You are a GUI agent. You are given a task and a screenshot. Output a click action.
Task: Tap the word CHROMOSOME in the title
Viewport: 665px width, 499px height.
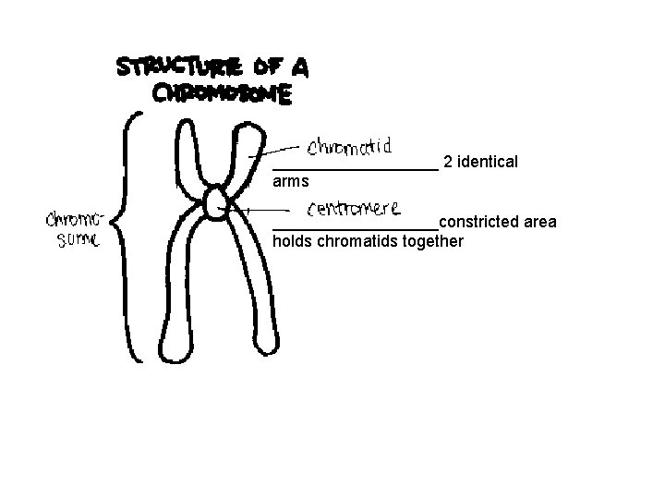(x=222, y=93)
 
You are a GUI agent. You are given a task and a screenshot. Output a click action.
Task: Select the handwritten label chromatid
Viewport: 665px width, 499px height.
(x=351, y=146)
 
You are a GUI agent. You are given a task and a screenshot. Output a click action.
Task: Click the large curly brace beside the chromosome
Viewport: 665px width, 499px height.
(x=132, y=236)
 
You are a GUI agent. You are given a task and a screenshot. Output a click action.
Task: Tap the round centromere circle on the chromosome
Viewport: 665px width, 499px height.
(x=216, y=202)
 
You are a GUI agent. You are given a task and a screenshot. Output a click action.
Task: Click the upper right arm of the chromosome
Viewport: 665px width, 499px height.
(x=243, y=152)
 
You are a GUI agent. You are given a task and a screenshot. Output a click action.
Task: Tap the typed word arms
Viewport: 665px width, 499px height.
(x=291, y=182)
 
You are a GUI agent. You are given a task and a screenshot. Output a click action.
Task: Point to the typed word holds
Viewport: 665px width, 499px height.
(x=293, y=242)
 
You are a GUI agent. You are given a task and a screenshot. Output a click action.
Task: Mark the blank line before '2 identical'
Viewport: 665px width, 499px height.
(x=356, y=169)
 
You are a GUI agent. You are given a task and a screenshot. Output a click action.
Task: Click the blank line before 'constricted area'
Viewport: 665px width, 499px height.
(x=356, y=228)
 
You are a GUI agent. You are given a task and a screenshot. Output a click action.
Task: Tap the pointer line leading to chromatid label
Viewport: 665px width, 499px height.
(x=277, y=149)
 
